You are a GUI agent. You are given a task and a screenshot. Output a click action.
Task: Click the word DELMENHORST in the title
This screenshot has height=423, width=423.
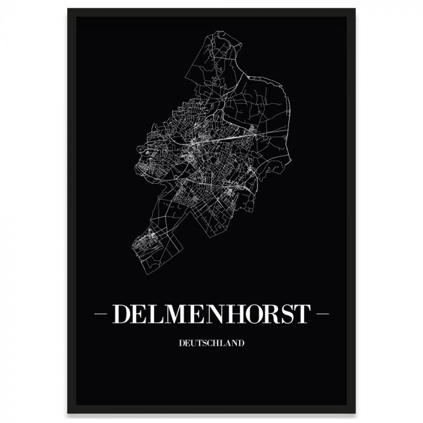pos(211,314)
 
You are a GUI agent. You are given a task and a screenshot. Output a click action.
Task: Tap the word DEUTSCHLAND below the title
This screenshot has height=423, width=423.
pos(211,343)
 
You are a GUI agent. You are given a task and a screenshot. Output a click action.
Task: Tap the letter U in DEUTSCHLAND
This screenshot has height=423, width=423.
pos(192,343)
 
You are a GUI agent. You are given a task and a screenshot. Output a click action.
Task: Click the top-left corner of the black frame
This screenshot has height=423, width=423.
pos(68,9)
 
